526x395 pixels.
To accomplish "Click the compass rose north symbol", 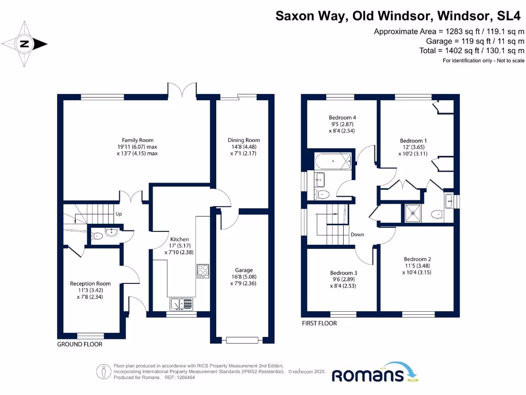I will pyautogui.click(x=24, y=44).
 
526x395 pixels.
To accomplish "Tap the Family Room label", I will pyautogui.click(x=137, y=140).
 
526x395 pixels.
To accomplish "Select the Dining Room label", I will pyautogui.click(x=244, y=140).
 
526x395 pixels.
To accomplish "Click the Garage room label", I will pyautogui.click(x=244, y=270).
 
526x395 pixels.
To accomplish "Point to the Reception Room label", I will pyautogui.click(x=90, y=283).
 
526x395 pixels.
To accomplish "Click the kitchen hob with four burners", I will pyautogui.click(x=202, y=271).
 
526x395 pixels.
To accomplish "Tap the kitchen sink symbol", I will pyautogui.click(x=180, y=304).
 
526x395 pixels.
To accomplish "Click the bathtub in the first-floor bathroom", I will pyautogui.click(x=333, y=161).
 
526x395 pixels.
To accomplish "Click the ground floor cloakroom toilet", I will pyautogui.click(x=97, y=237).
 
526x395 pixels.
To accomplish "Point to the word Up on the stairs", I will pyautogui.click(x=119, y=213).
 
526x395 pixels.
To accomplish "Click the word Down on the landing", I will pyautogui.click(x=357, y=235).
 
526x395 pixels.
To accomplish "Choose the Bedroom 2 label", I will pyautogui.click(x=417, y=259).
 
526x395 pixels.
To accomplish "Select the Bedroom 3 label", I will pyautogui.click(x=343, y=273).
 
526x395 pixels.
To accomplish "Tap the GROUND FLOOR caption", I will pyautogui.click(x=80, y=344).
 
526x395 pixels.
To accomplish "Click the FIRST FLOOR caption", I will pyautogui.click(x=319, y=324).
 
